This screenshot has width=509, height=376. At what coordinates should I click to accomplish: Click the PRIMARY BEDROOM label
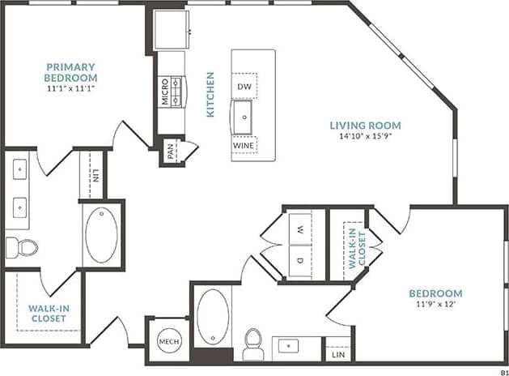(x=70, y=72)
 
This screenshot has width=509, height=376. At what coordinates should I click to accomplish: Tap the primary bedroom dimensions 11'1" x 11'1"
(x=70, y=89)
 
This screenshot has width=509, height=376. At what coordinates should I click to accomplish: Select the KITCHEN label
(x=210, y=95)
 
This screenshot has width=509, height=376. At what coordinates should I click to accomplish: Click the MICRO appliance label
(x=164, y=92)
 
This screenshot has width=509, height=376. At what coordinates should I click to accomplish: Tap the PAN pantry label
(x=171, y=151)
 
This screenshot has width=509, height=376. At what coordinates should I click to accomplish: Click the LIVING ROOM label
(x=365, y=125)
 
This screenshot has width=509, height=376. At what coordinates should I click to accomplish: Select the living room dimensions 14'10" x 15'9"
(x=365, y=137)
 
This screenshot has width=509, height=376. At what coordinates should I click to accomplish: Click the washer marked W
(x=299, y=230)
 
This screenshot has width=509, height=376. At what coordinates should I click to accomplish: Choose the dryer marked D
(x=299, y=260)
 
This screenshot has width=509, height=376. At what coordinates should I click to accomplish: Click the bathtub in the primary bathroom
(x=102, y=235)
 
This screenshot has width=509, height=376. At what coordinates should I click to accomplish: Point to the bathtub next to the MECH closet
(x=213, y=317)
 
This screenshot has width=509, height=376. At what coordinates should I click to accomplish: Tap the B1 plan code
(x=500, y=370)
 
